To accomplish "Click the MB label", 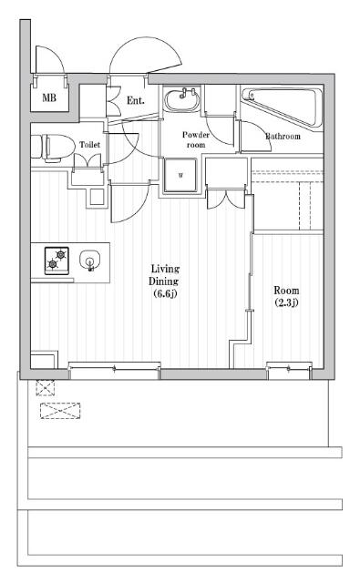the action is [x=49, y=97].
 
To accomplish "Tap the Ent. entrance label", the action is [x=136, y=100].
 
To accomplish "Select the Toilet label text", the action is [x=90, y=145].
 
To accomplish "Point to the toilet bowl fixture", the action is [x=52, y=148].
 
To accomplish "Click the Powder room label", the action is [x=196, y=139].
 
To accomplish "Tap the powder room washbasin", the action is [x=182, y=99].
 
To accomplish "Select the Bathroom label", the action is [x=283, y=137].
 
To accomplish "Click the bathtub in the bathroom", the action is [x=282, y=107].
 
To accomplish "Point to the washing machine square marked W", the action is [x=180, y=175].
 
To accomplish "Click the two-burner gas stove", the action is [x=57, y=261].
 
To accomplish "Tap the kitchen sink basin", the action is [x=89, y=261].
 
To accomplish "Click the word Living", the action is [x=165, y=269].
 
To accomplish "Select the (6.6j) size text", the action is [x=165, y=293].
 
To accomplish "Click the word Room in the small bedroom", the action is [x=286, y=291].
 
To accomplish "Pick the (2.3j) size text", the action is [x=286, y=302].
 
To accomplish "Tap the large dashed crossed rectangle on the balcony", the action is [x=60, y=411].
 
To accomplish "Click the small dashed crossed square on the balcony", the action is [x=46, y=387].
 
